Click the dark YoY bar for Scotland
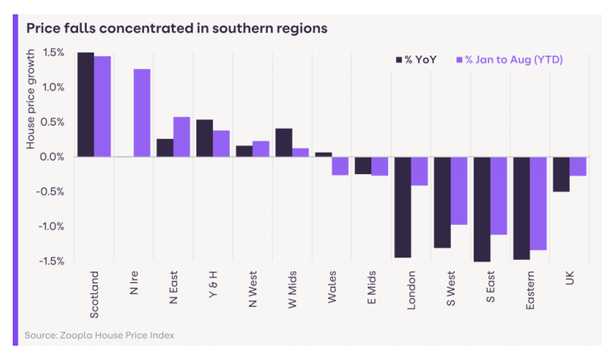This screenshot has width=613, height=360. tap(85, 105)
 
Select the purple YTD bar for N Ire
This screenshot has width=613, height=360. tap(142, 113)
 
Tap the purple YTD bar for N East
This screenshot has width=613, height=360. tap(181, 137)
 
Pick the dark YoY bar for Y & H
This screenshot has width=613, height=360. tap(204, 138)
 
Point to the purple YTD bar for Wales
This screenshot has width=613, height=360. tap(340, 165)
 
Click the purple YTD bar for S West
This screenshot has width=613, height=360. tap(460, 190)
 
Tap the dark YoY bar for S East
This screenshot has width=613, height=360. tap(482, 209)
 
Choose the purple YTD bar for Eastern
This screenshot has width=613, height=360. tap(538, 203)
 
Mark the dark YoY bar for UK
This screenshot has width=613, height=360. tap(561, 174)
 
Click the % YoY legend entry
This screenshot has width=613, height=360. tap(416, 60)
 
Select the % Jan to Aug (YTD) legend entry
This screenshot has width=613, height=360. tap(509, 60)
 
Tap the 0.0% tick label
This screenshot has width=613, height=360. tap(52, 157)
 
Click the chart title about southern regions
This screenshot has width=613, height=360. tap(177, 28)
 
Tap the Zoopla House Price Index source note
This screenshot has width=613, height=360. tap(99, 335)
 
